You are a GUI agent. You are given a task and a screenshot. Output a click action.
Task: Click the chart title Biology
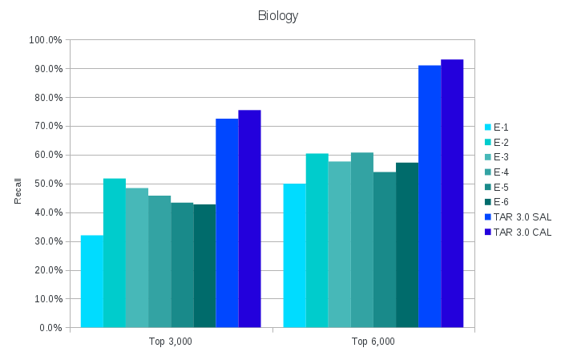[x=278, y=16]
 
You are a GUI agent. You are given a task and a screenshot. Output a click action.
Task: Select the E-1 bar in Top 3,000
[x=92, y=281]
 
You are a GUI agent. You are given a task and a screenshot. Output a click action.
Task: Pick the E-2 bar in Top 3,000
[x=115, y=253]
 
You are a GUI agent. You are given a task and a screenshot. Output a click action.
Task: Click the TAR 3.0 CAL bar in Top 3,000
[x=249, y=219]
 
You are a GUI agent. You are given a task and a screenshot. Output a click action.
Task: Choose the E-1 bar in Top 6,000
[x=294, y=256]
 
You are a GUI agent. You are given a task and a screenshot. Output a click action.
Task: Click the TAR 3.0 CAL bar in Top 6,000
[x=452, y=193]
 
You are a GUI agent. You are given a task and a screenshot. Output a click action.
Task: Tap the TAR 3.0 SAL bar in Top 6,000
[x=430, y=196]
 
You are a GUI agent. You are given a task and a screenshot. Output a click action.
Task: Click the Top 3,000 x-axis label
[x=171, y=342]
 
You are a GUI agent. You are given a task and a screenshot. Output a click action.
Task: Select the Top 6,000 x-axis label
[x=373, y=342]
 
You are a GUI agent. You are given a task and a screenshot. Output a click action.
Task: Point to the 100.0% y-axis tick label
[x=46, y=40]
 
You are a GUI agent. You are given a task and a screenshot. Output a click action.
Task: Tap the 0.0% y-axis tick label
[x=50, y=328]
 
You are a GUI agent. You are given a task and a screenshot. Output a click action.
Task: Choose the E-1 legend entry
[x=501, y=127]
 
